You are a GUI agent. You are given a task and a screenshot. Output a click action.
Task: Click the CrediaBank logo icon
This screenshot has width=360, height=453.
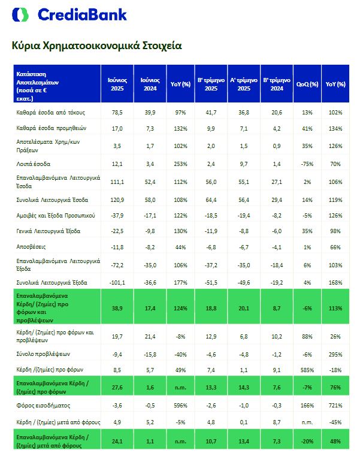[x=23, y=14]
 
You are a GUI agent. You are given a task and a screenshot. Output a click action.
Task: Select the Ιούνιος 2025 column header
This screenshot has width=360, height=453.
[x=117, y=84]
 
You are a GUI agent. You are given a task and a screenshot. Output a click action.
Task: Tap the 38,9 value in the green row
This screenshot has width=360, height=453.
[x=117, y=307]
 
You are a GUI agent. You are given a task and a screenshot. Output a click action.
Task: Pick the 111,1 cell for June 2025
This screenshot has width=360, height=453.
[x=117, y=180]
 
